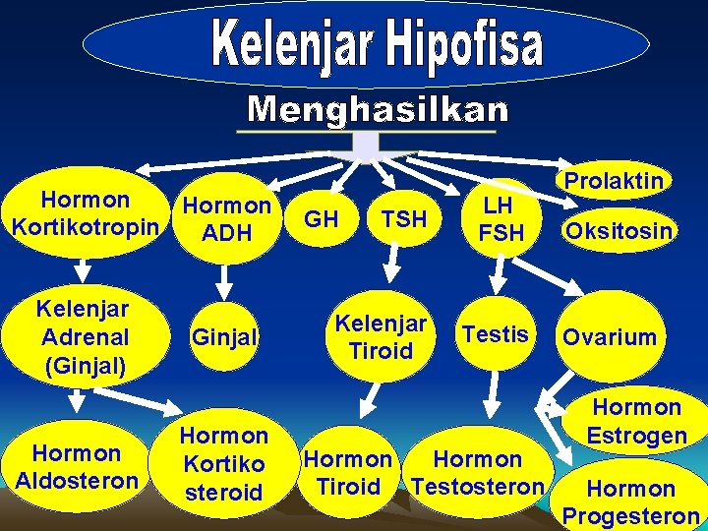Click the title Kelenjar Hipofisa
tap(377, 47)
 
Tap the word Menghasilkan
tap(378, 109)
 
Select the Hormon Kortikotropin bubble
tap(85, 214)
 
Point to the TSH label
tap(403, 219)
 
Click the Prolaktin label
tap(613, 181)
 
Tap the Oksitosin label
tap(618, 232)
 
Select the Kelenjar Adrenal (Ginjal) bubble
tap(85, 337)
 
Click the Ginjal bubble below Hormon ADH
tap(224, 337)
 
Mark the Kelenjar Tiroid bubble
tap(382, 336)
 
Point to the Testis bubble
tap(496, 334)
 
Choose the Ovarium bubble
tap(610, 337)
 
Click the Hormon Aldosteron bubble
tap(77, 467)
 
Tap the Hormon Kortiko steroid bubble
tap(224, 464)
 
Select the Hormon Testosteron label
tap(478, 473)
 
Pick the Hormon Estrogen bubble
tap(636, 421)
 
